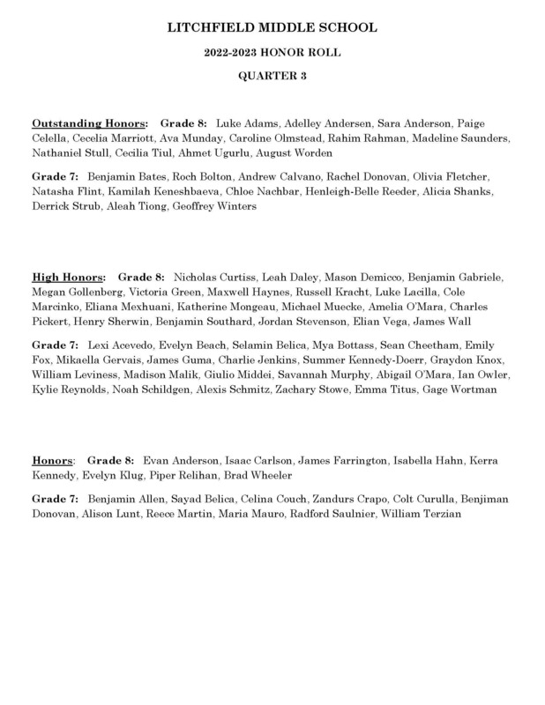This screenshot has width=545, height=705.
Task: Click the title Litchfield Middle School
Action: click(272, 29)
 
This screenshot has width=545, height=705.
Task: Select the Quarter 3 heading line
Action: click(272, 76)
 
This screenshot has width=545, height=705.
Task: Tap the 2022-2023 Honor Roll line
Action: click(272, 53)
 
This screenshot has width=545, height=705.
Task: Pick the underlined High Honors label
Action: click(68, 276)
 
